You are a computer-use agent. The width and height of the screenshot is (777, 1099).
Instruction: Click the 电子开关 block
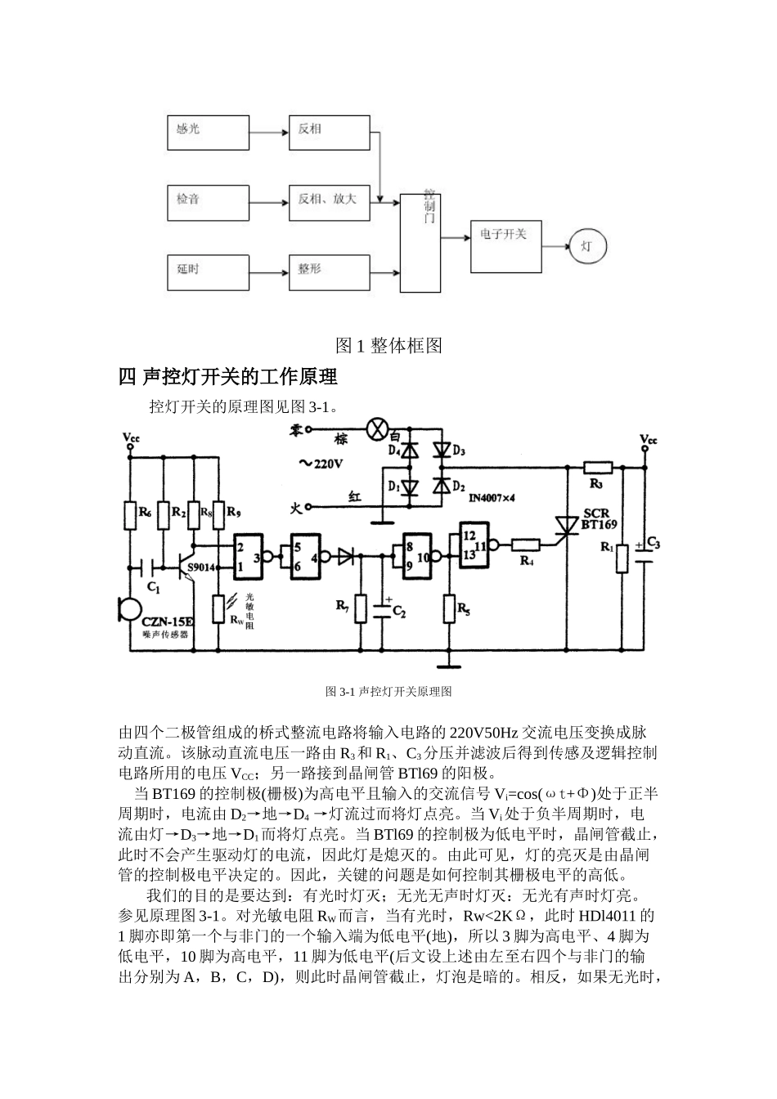coord(505,245)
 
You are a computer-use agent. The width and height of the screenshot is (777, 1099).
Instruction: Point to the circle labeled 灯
coord(590,245)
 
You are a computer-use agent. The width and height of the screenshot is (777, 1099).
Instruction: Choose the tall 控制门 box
coord(420,244)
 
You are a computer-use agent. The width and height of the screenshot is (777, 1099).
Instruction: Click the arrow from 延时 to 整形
coord(268,271)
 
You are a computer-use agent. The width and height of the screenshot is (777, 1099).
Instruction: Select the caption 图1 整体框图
coord(388,346)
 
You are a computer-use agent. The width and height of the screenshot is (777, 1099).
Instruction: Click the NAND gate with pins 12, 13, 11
coord(474,545)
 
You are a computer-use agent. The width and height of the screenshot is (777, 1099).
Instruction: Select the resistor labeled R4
coord(525,545)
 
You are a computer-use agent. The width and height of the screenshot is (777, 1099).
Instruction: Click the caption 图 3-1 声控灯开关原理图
coord(388,691)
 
